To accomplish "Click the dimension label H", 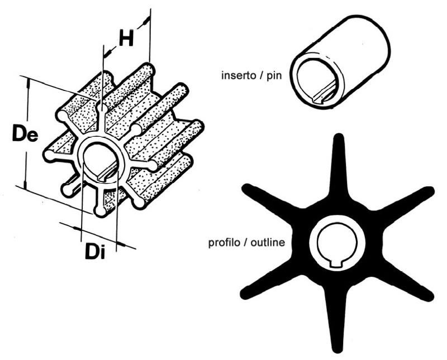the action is [126, 38].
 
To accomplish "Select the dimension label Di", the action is [95, 251].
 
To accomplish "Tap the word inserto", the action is [239, 75].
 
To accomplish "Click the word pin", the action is [274, 76].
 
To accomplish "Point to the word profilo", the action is [225, 243].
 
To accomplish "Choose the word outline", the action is [268, 242].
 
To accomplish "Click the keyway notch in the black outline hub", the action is [337, 264].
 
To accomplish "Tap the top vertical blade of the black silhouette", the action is [339, 170].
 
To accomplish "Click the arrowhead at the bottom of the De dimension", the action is [25, 185].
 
